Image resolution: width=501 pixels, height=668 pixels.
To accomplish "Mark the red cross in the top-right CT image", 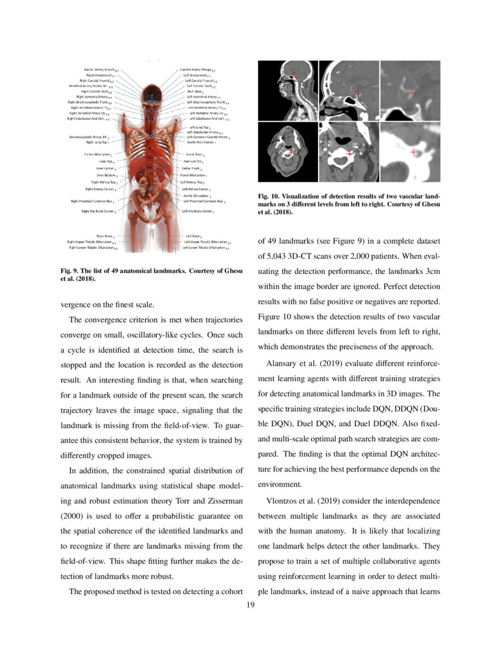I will click(x=412, y=93).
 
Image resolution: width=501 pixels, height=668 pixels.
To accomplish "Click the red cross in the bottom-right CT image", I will click(x=414, y=153).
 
